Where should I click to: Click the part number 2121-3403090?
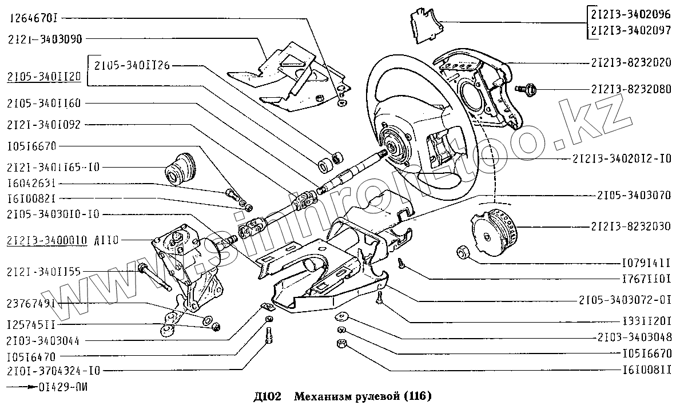click(x=45, y=39)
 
